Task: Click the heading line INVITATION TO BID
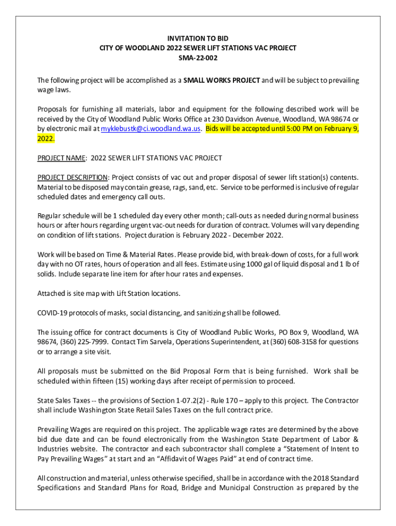point(198,39)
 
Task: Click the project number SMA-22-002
point(198,58)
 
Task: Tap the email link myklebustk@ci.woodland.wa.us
point(150,129)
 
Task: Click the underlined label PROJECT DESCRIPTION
point(73,177)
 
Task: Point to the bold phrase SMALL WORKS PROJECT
point(222,81)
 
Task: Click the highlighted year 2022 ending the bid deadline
point(45,139)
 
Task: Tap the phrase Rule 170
point(229,400)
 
